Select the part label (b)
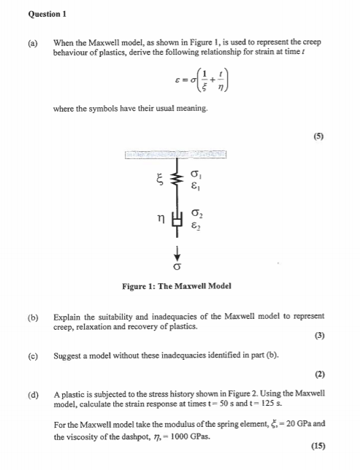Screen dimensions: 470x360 [33, 317]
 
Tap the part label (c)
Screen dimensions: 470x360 [33, 355]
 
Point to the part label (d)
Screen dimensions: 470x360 [33, 394]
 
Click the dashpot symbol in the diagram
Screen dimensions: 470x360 [175, 220]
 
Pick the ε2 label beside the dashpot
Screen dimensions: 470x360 [194, 226]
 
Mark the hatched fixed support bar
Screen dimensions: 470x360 [176, 155]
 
